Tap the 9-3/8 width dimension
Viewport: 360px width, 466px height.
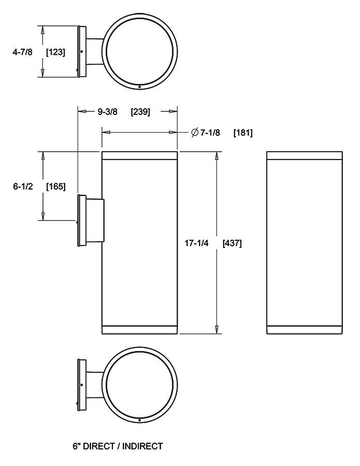point(106,111)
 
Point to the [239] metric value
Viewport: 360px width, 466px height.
point(140,111)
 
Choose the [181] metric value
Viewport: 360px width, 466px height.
point(242,133)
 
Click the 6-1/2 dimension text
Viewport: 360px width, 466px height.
point(23,186)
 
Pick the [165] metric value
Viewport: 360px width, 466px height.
point(55,186)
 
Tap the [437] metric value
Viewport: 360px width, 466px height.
point(232,242)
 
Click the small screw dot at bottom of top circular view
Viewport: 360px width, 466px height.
point(140,86)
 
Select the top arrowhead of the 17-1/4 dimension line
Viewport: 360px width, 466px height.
point(217,156)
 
